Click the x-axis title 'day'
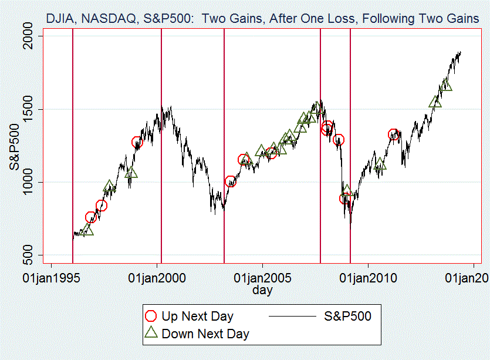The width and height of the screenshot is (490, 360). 262,290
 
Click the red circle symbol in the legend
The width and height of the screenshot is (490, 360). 151,317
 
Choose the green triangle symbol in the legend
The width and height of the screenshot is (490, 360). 151,334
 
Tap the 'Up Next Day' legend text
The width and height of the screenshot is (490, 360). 197,317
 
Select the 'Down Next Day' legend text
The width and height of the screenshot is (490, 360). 205,334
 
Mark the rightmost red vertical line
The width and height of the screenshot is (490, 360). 350,147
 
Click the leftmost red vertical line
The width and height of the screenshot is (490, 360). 72,147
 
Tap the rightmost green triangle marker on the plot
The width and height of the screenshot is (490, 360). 446,85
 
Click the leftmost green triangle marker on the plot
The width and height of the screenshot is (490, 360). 87,230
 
